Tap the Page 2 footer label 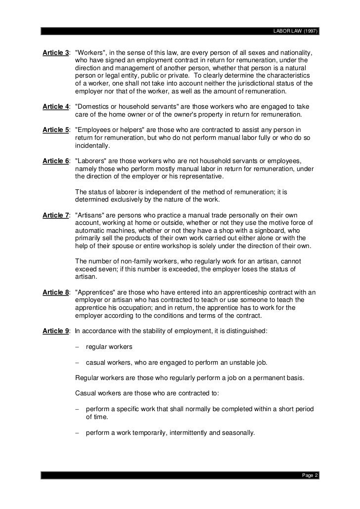coord(310,475)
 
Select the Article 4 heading coord(56,107)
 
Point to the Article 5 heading coord(56,130)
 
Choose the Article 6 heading coord(56,161)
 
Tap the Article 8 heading coord(56,293)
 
